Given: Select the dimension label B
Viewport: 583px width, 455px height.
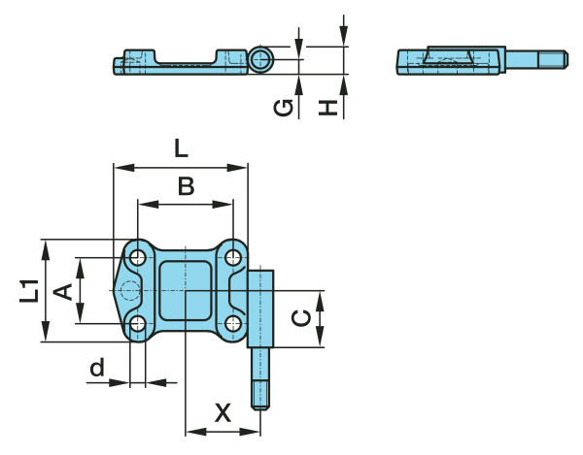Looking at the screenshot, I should click(187, 185).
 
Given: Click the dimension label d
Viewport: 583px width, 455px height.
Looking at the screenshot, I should click(95, 368).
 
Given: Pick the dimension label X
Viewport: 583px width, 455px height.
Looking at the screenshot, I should click(223, 413).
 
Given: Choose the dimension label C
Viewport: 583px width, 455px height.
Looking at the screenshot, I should click(302, 318).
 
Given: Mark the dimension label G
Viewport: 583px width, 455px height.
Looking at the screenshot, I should click(283, 107).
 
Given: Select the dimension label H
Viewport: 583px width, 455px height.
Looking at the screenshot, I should click(330, 107).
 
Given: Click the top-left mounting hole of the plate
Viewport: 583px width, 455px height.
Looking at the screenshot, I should click(137, 258).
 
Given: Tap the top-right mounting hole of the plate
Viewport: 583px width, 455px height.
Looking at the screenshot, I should click(233, 258).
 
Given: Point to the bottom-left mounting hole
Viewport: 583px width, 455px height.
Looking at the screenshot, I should click(137, 323).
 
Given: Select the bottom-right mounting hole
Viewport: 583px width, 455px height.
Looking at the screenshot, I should click(233, 323).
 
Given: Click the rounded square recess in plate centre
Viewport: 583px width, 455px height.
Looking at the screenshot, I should click(185, 290).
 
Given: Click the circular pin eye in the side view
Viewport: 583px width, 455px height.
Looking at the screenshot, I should click(259, 60).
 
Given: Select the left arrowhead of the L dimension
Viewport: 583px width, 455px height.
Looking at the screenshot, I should click(119, 167).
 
